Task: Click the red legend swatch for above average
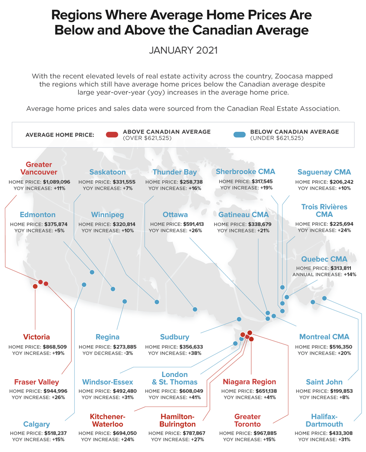point(112,134)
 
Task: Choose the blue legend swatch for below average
point(239,134)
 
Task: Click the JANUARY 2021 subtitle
point(183,50)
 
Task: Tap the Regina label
point(107,337)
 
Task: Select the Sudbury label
point(175,337)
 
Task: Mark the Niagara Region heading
point(249,382)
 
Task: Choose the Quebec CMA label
point(324,259)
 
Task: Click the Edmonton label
point(37,215)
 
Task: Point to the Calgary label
point(37,424)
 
